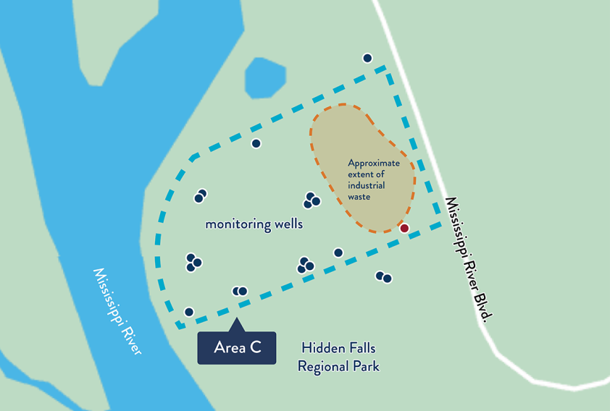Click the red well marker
pyautogui.click(x=404, y=229)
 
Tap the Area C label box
pyautogui.click(x=237, y=348)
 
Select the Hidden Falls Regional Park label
pyautogui.click(x=338, y=357)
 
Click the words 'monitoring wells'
pyautogui.click(x=254, y=224)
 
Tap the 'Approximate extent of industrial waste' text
pyautogui.click(x=373, y=180)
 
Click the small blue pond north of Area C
pyautogui.click(x=265, y=77)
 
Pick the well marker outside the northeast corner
pyautogui.click(x=367, y=58)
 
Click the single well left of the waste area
pyautogui.click(x=256, y=143)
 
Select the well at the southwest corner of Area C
pyautogui.click(x=189, y=312)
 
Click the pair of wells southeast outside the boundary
pyautogui.click(x=383, y=277)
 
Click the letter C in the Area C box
pyautogui.click(x=255, y=348)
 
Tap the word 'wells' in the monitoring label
pyautogui.click(x=288, y=224)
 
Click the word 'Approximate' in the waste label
pyautogui.click(x=374, y=164)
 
